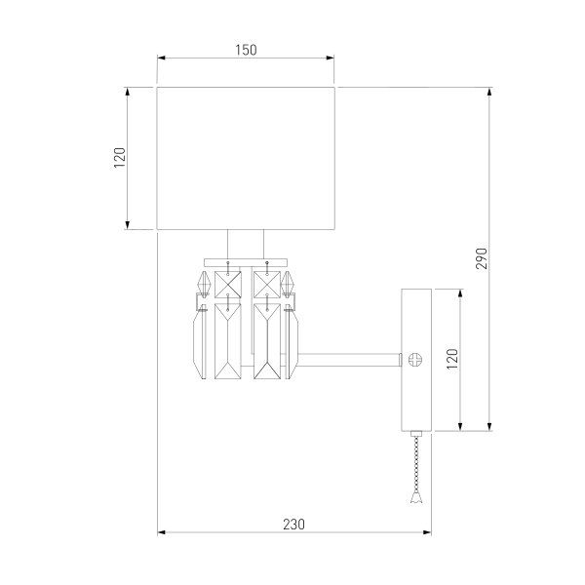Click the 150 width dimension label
pyautogui.click(x=246, y=51)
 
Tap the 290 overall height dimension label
pyautogui.click(x=482, y=257)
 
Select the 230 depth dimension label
pyautogui.click(x=293, y=524)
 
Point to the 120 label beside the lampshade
pyautogui.click(x=120, y=158)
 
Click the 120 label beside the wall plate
pyautogui.click(x=451, y=359)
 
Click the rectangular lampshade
pyautogui.click(x=247, y=158)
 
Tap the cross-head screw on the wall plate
pyautogui.click(x=416, y=359)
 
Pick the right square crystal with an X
pyautogui.click(x=266, y=283)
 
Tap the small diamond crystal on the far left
pyautogui.click(x=203, y=282)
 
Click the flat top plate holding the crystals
pyautogui.click(x=246, y=259)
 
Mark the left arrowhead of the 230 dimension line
pyautogui.click(x=162, y=532)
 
